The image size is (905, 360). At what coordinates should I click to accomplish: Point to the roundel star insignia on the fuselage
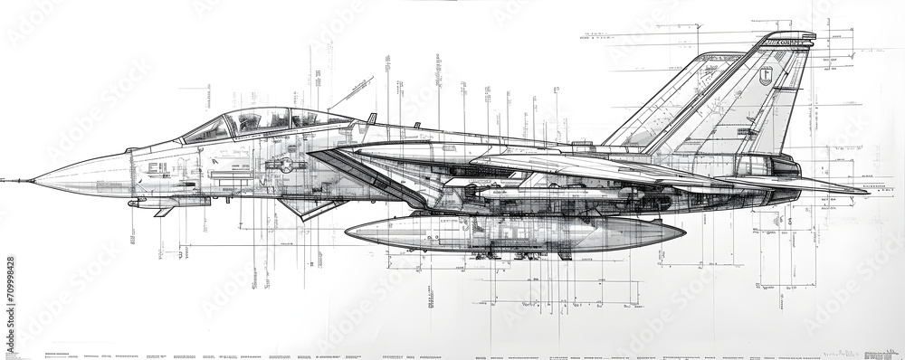286,165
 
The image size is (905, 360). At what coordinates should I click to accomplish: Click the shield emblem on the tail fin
766,77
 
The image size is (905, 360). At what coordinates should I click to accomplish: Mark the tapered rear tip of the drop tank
681,233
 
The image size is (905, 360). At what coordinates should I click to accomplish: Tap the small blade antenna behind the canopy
371,118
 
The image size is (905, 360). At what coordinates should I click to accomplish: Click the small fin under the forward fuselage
164,212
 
